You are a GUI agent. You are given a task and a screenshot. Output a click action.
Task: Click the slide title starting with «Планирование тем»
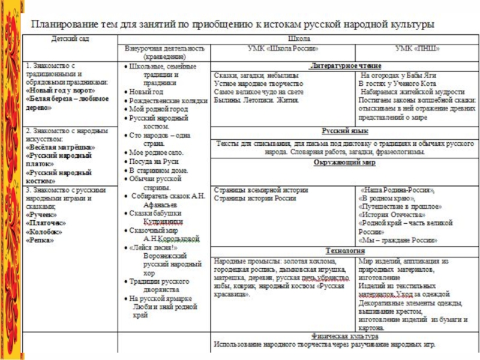pos(234,25)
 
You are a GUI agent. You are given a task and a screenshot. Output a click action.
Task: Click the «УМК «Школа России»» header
pos(283,48)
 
